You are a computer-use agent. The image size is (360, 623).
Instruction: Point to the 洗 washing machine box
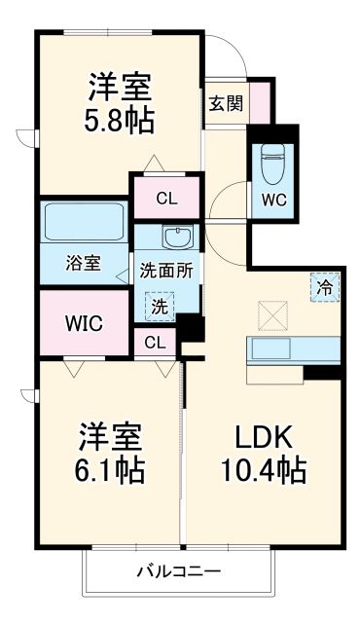[158, 306]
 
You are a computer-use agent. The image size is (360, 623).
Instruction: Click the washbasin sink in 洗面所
[177, 238]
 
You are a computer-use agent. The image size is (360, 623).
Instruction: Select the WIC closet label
[84, 321]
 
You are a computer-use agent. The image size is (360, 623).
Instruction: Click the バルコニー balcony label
[177, 571]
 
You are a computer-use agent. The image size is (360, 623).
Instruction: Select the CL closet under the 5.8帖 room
[166, 199]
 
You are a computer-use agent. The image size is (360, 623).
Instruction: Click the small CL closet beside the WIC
[155, 342]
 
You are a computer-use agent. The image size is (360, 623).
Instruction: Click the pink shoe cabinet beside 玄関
[259, 99]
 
